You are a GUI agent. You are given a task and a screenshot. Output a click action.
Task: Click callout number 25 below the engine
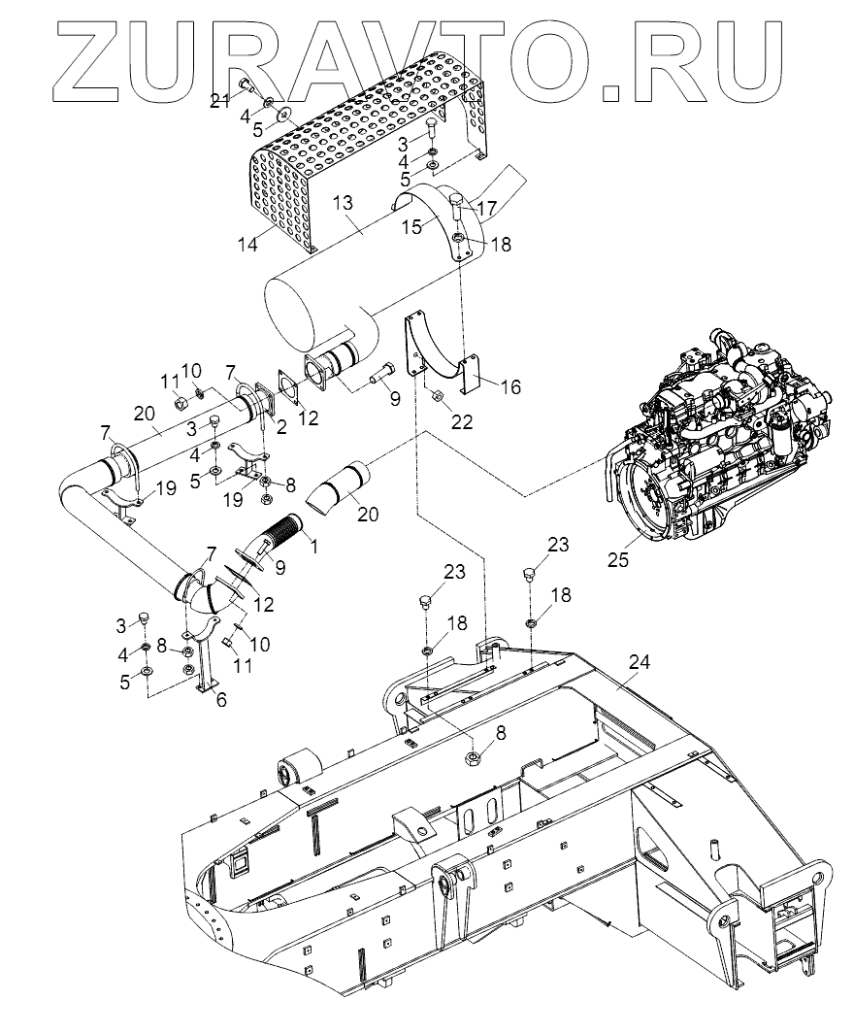tap(618, 559)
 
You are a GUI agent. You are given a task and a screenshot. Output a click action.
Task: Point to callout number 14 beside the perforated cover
tap(249, 246)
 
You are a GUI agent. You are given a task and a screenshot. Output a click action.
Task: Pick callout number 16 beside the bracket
tap(509, 386)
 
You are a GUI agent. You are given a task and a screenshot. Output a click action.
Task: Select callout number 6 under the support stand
tap(221, 699)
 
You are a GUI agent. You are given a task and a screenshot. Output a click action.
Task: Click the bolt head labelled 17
tap(456, 202)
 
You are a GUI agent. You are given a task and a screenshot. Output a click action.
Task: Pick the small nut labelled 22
tap(436, 395)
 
